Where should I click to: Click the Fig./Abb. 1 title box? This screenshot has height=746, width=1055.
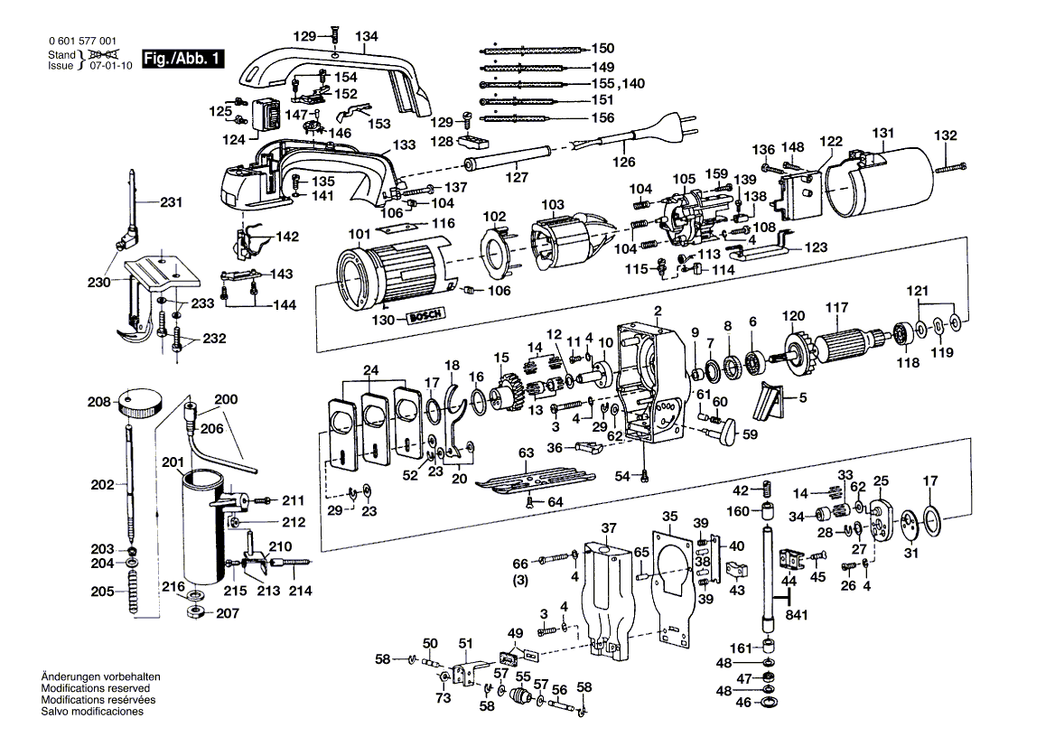pyautogui.click(x=182, y=59)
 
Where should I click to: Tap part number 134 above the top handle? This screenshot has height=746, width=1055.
pyautogui.click(x=367, y=36)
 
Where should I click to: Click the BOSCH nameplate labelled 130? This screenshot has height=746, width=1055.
pyautogui.click(x=425, y=316)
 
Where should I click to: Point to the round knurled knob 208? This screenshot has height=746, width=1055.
pyautogui.click(x=141, y=402)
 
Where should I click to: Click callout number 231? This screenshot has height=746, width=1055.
pyautogui.click(x=171, y=201)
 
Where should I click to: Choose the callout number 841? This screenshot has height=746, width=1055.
pyautogui.click(x=797, y=615)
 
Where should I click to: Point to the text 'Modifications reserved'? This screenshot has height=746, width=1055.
pyautogui.click(x=96, y=688)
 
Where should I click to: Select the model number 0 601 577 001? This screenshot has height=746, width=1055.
pyautogui.click(x=82, y=41)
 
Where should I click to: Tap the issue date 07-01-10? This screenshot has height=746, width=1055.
pyautogui.click(x=111, y=65)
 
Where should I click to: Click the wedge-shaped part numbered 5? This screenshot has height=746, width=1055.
pyautogui.click(x=771, y=399)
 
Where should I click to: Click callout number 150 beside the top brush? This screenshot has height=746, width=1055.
pyautogui.click(x=602, y=48)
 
